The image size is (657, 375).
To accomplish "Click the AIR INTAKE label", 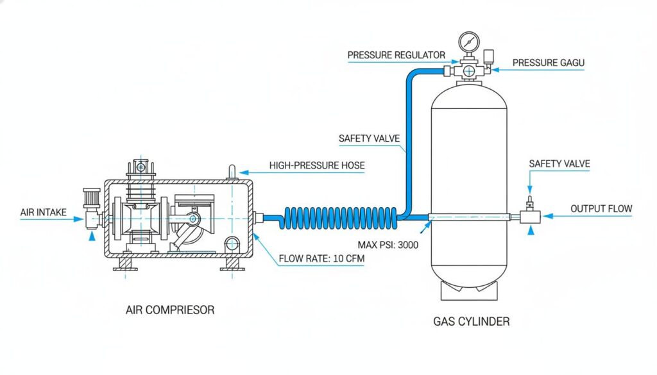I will pos(42,212).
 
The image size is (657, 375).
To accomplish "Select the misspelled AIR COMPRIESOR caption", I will pos(170,310).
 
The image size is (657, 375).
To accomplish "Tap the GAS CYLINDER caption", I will pos(472,321).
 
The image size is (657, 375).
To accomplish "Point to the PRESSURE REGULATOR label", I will pos(396,55).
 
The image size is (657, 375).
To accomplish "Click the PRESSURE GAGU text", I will pos(549,62).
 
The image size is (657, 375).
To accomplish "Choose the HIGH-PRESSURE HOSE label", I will pos(317,165).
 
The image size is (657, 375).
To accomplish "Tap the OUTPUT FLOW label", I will pos(601,208).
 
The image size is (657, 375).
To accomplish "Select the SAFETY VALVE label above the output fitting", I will pos(559,164).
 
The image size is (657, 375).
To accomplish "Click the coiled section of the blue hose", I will pos(340,216).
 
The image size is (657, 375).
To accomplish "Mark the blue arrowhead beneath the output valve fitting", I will pos(530,231).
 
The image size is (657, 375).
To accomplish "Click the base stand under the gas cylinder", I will pos(470,292).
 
